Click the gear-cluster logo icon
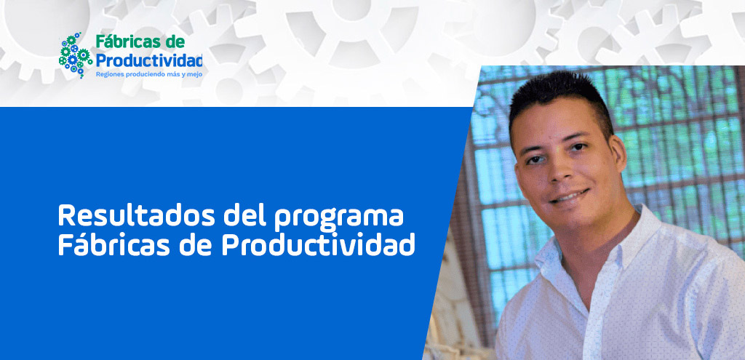tap(75, 55)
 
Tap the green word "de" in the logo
tap(173, 41)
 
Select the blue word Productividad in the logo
tap(149, 60)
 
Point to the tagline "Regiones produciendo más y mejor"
tap(149, 74)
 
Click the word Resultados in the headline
tap(136, 215)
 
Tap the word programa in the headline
tap(339, 217)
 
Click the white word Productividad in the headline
tap(319, 245)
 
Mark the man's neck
tap(603, 238)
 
